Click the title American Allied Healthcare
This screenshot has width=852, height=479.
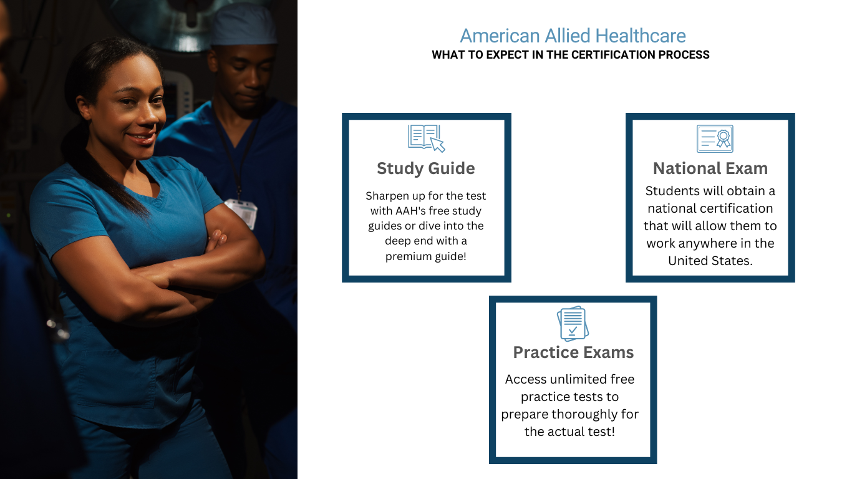click(573, 36)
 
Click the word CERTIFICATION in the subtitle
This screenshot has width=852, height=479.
click(614, 55)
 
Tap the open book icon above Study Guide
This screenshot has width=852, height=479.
click(427, 138)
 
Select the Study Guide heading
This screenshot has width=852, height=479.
click(426, 168)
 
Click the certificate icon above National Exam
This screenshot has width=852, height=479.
click(715, 138)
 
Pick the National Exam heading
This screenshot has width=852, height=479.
click(710, 168)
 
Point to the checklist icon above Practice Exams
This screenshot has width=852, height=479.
click(573, 324)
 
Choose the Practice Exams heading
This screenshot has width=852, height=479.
click(573, 352)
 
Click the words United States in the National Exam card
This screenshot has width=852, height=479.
click(710, 261)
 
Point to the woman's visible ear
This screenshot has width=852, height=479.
click(84, 108)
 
